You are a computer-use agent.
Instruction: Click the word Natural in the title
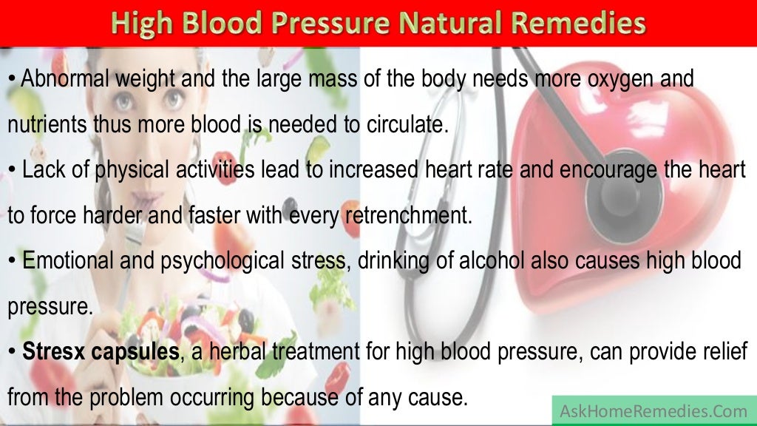[431, 24]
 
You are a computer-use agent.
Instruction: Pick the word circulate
[408, 124]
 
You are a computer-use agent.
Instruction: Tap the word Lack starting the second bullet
[41, 170]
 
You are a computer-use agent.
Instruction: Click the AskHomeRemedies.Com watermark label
[654, 410]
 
